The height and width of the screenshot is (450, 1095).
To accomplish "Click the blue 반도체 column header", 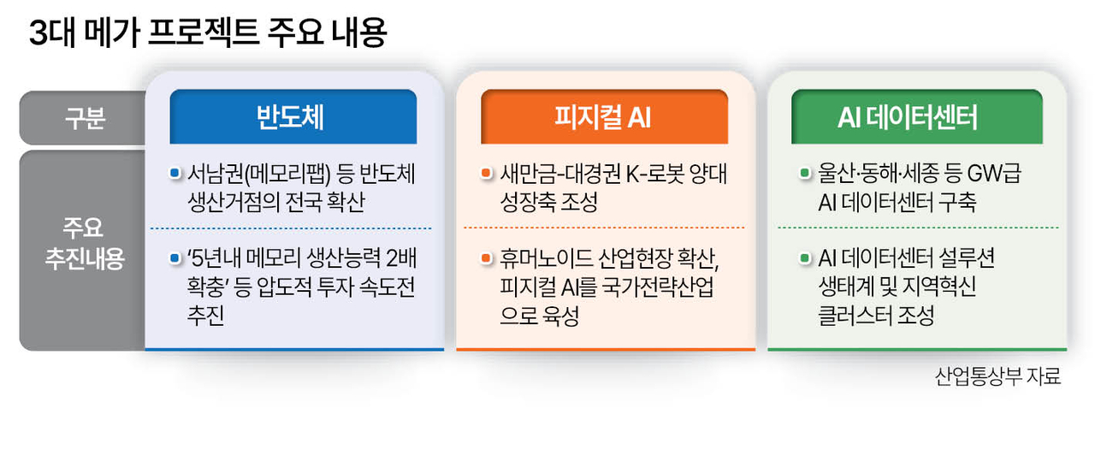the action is (293, 116).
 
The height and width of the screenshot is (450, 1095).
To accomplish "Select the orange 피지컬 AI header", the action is (604, 116).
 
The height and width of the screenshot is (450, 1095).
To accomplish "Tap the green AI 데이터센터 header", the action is (917, 116).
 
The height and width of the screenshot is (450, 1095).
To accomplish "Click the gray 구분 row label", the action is (85, 118).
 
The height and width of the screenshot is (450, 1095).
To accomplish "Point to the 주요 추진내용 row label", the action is (84, 243).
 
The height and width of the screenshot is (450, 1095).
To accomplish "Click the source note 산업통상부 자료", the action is (997, 376).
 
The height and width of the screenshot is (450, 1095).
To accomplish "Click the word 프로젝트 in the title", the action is (203, 33).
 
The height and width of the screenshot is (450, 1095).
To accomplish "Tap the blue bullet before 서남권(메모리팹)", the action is (175, 173).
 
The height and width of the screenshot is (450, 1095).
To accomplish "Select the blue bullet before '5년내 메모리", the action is (175, 258).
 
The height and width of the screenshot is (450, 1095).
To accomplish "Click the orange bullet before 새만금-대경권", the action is (486, 173).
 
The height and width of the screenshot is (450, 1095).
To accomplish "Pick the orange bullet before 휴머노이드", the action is (486, 258).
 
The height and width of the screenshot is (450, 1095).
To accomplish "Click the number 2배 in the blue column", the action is (401, 258).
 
